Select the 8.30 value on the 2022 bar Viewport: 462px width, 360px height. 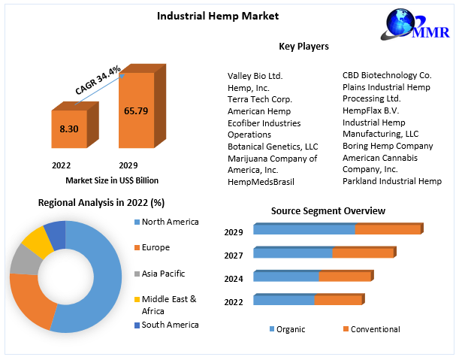pyautogui.click(x=69, y=129)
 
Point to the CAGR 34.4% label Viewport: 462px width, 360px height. pyautogui.click(x=98, y=79)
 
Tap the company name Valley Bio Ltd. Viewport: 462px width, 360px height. pyautogui.click(x=255, y=76)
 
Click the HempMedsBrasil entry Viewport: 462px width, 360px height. pyautogui.click(x=261, y=182)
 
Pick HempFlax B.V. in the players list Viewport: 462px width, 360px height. pyautogui.click(x=372, y=110)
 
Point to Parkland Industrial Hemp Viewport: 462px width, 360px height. pyautogui.click(x=391, y=181)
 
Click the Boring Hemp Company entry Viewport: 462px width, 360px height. pyautogui.click(x=388, y=146)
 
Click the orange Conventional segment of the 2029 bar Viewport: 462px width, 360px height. pyautogui.click(x=388, y=229)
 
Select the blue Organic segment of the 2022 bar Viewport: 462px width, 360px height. pyautogui.click(x=283, y=300)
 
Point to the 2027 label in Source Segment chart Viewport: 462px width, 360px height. pyautogui.click(x=234, y=256)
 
